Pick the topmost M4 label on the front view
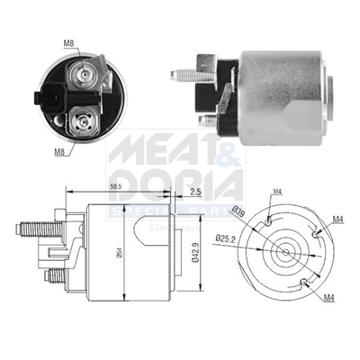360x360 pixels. (277, 190)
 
